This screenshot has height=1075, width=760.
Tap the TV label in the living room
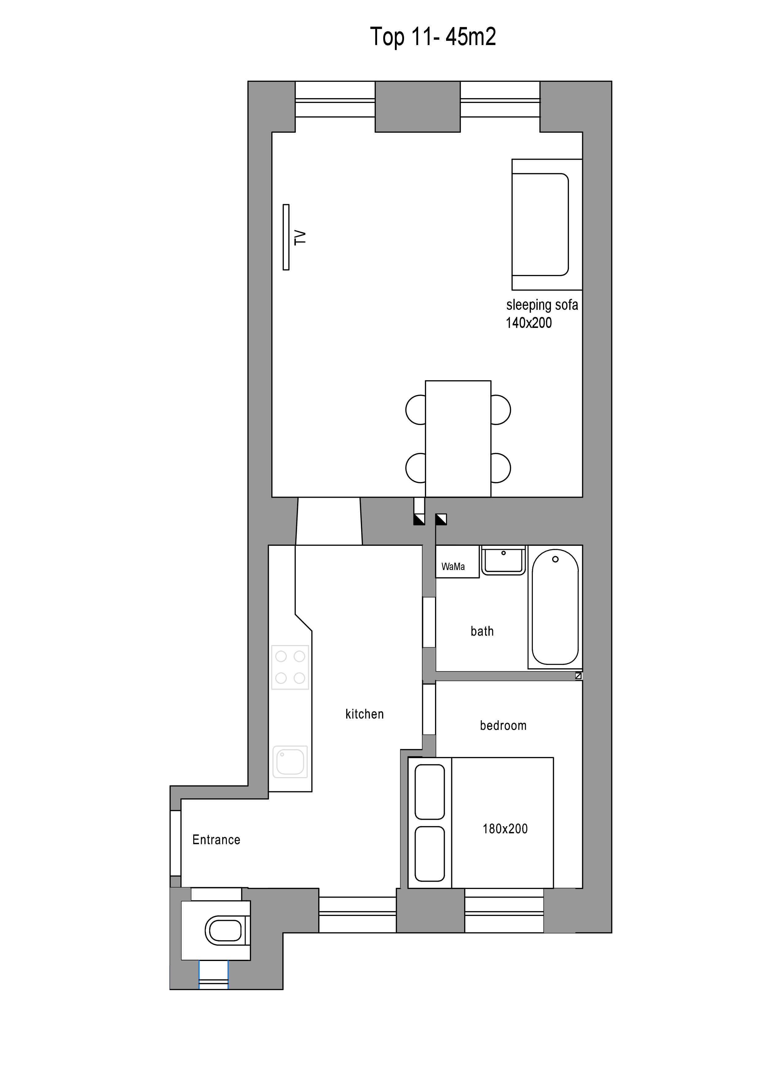(300, 237)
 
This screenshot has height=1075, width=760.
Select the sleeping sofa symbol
(547, 224)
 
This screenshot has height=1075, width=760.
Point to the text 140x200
(529, 323)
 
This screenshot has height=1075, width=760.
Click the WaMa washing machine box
(457, 561)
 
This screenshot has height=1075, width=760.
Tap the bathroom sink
(503, 560)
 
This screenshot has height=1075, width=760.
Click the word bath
(482, 631)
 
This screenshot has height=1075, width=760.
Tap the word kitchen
(364, 714)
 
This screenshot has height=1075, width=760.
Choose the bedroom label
(503, 726)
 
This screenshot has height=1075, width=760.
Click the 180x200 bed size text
(505, 829)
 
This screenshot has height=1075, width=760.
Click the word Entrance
(216, 839)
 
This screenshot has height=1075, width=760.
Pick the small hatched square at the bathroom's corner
(578, 676)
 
